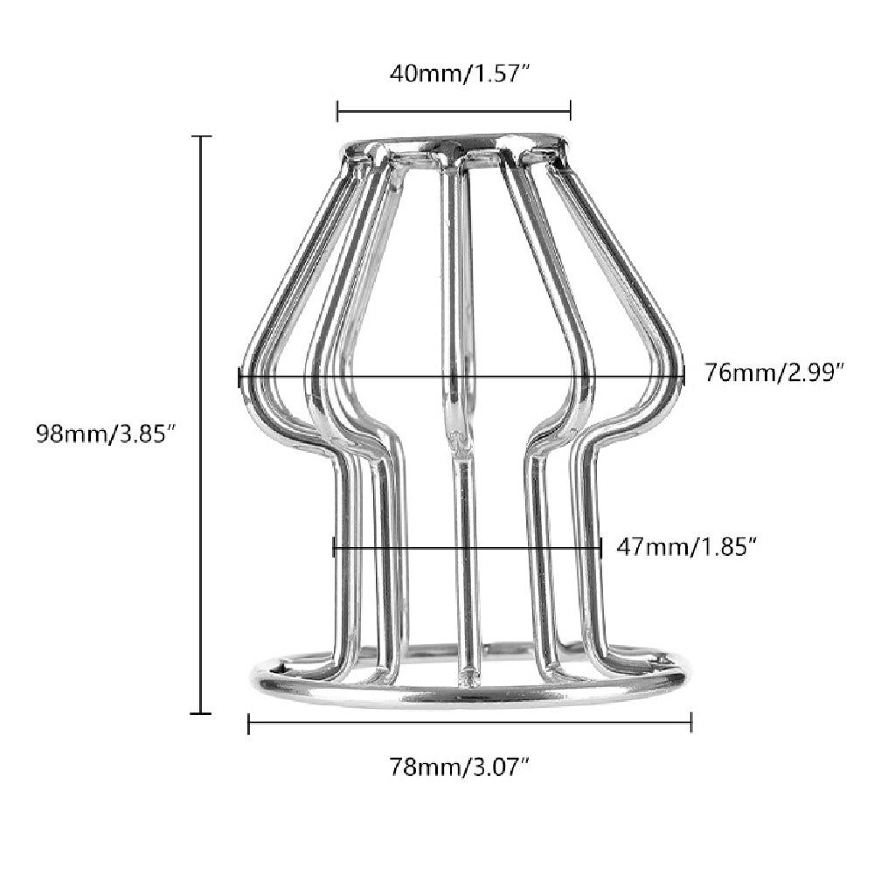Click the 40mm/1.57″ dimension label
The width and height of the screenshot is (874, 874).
pos(460,74)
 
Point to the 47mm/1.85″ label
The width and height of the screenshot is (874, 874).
pos(686,547)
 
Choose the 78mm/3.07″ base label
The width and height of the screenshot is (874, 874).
pos(460,768)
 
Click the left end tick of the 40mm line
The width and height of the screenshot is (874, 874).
pos(337,110)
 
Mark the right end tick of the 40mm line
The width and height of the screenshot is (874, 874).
pos(571,110)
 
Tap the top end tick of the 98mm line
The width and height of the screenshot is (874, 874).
pos(202,137)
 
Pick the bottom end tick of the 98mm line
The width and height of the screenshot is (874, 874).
pos(202,713)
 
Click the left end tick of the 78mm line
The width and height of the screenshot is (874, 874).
pos(249,723)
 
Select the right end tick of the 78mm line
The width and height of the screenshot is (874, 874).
pos(691,723)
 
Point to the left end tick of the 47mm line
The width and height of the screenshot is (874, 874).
pos(334,548)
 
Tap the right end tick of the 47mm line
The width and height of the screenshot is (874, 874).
pos(601,548)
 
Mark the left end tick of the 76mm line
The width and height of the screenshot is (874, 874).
pos(239,377)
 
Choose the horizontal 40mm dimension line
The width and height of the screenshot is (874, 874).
pos(454,110)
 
